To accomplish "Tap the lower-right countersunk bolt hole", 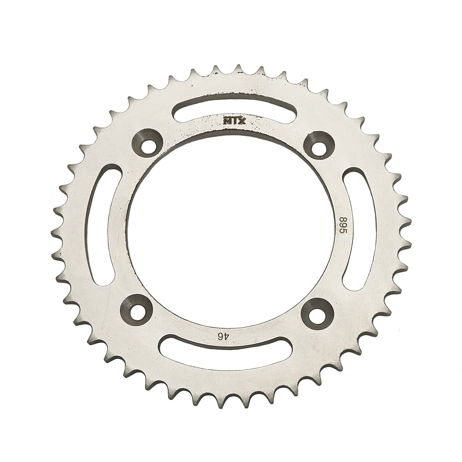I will coord(318,313).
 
